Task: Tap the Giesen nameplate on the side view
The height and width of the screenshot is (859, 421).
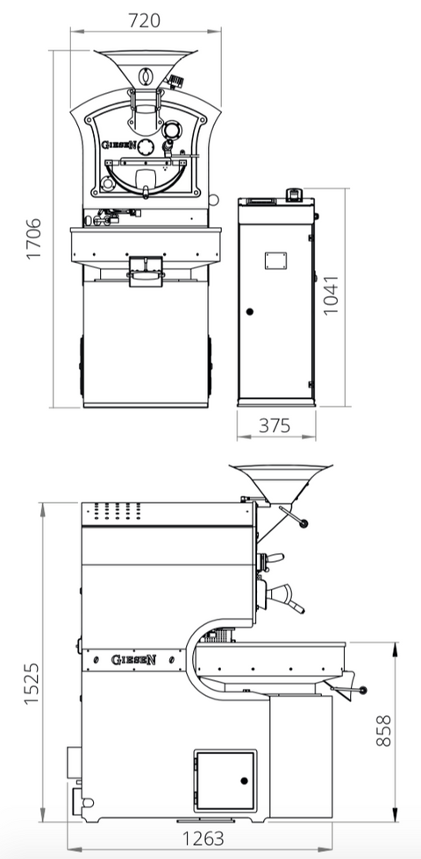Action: (133, 658)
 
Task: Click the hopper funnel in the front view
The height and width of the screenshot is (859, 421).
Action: (145, 67)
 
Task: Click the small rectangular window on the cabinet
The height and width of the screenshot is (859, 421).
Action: (276, 259)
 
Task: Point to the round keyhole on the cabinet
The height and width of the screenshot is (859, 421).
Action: (250, 311)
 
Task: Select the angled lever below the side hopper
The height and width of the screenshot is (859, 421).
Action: (294, 517)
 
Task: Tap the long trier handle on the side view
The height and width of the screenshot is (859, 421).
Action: (287, 599)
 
